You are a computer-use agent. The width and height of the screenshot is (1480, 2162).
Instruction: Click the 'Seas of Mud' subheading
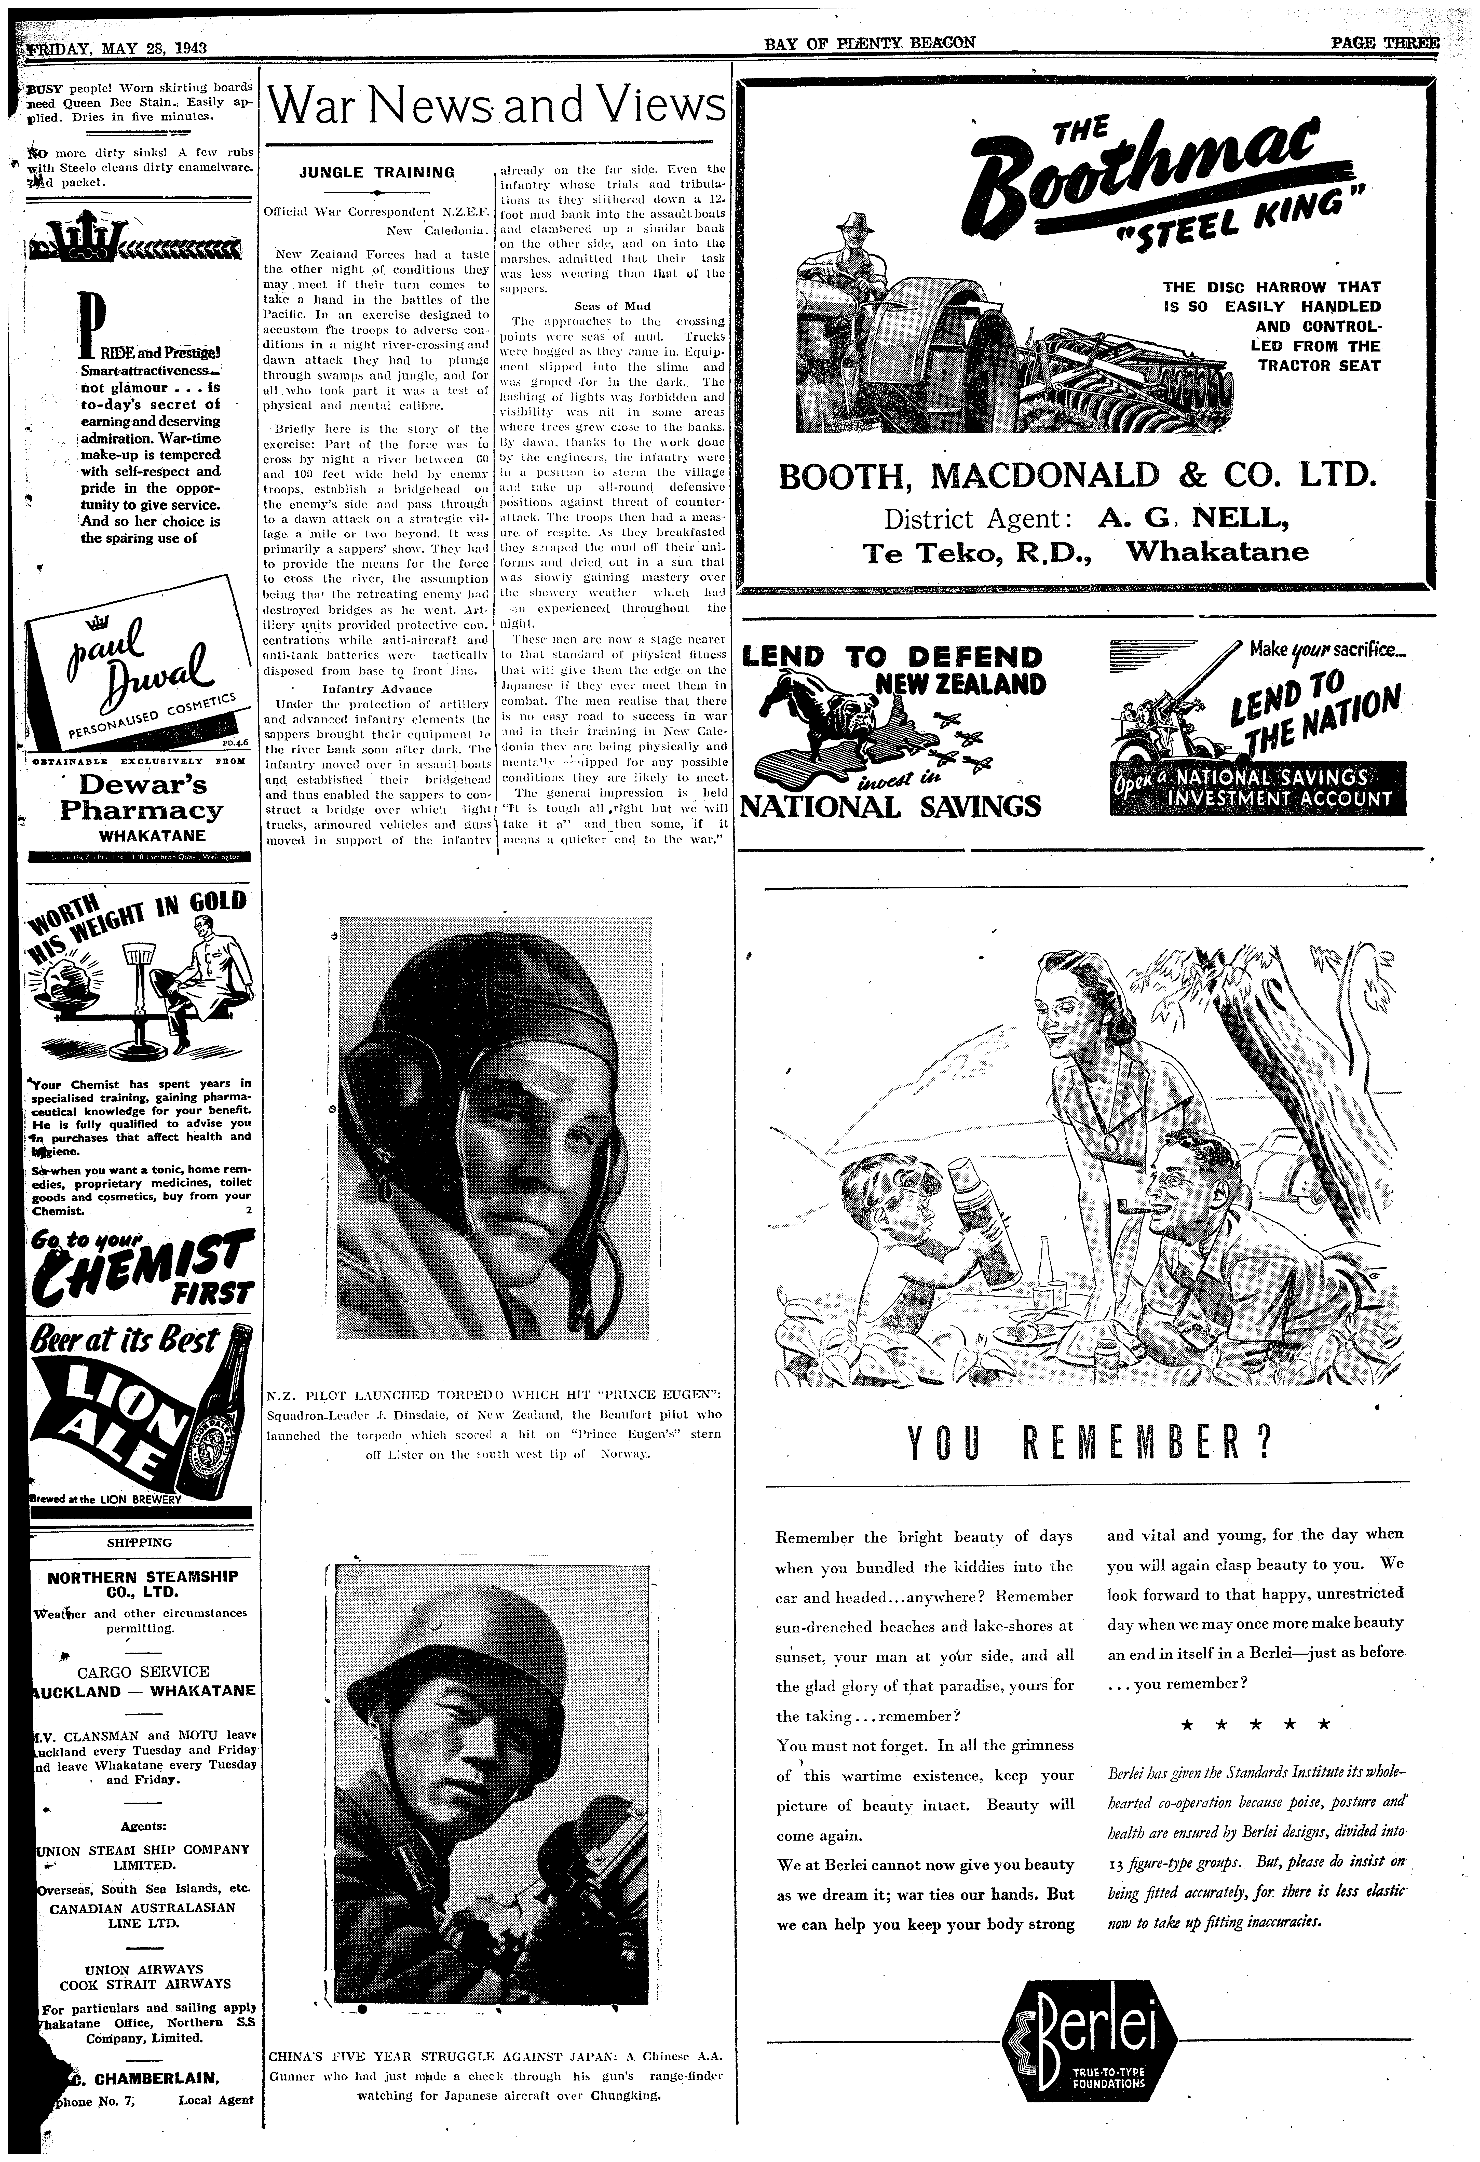612,306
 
